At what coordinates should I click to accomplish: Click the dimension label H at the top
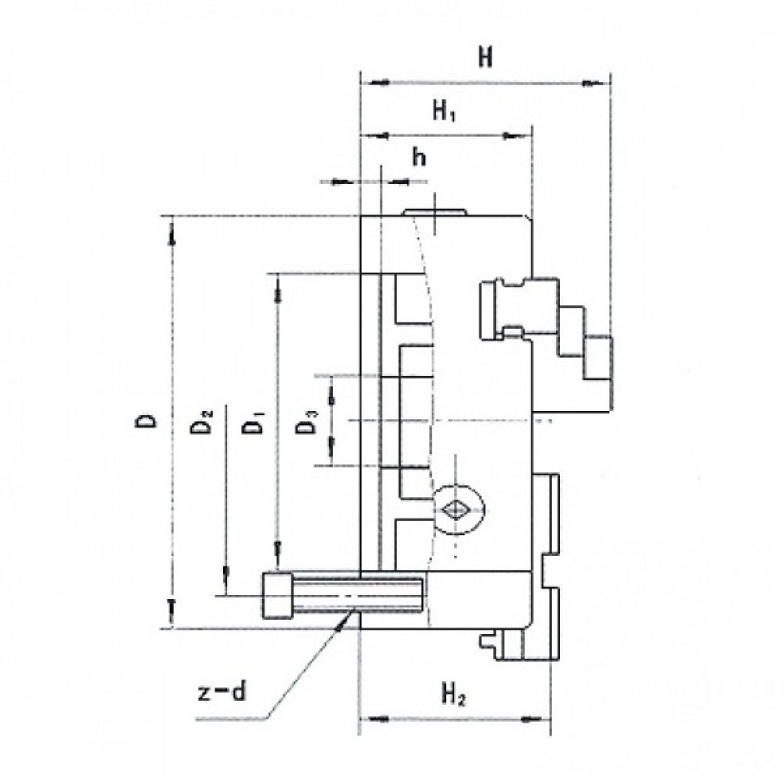point(485,58)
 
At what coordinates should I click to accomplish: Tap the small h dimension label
point(420,157)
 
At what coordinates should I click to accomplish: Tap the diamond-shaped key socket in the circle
point(453,509)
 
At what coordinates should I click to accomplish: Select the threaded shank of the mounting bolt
point(356,595)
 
